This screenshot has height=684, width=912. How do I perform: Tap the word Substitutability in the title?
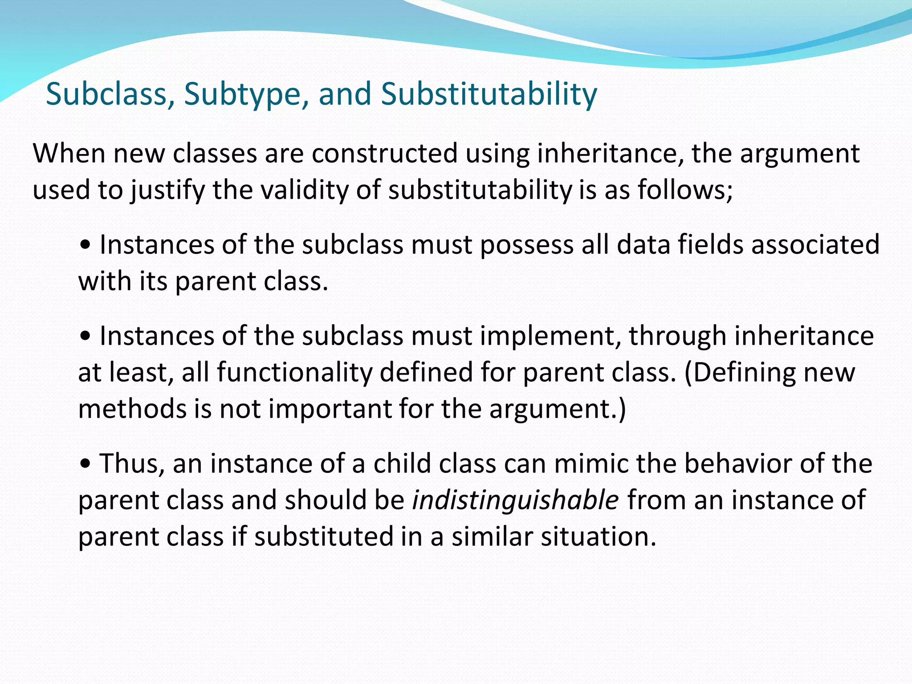click(489, 94)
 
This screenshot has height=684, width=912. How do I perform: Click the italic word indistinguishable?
click(515, 500)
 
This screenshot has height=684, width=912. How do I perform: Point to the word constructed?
click(384, 154)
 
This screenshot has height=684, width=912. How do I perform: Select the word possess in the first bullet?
click(526, 245)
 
